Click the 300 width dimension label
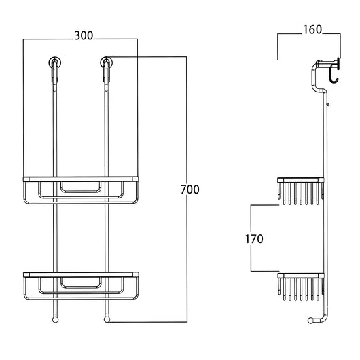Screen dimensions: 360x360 click(x=84, y=36)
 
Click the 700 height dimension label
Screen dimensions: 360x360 click(x=190, y=190)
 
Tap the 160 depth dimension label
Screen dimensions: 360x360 click(x=312, y=30)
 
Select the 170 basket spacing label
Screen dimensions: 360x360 click(x=254, y=239)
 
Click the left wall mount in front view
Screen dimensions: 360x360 click(x=55, y=62)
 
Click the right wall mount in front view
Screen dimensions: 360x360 click(x=107, y=62)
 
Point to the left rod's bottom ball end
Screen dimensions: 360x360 click(x=55, y=320)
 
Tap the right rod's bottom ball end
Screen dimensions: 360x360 click(x=107, y=320)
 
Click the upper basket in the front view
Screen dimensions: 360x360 click(x=81, y=190)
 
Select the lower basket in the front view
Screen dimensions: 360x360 click(x=81, y=286)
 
